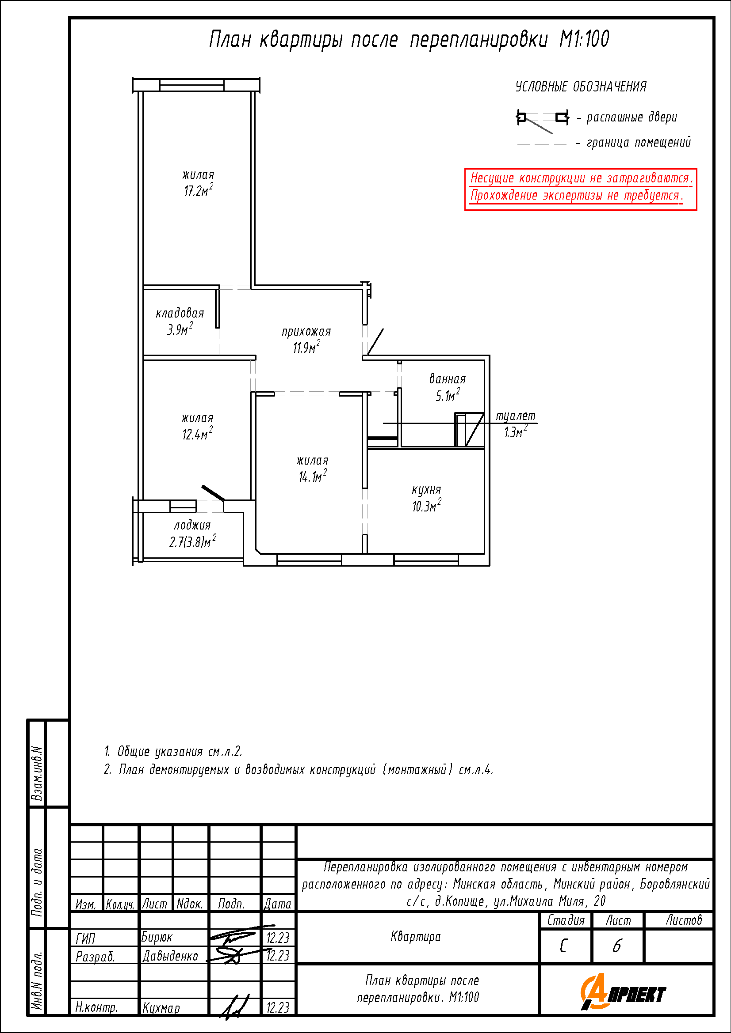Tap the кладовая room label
coord(180,313)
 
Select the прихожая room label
coord(306,332)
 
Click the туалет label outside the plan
coord(515,416)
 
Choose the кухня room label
coord(426,489)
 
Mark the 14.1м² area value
coord(312,477)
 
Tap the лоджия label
coord(192,525)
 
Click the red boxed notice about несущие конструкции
coord(581,189)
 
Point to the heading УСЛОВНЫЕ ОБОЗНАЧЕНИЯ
coord(581,87)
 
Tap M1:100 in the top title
coord(584,39)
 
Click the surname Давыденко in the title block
coord(170,956)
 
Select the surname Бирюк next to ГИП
coord(157,937)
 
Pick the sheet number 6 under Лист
coord(616,946)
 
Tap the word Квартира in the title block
coord(415,937)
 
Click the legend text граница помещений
coord(638,143)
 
